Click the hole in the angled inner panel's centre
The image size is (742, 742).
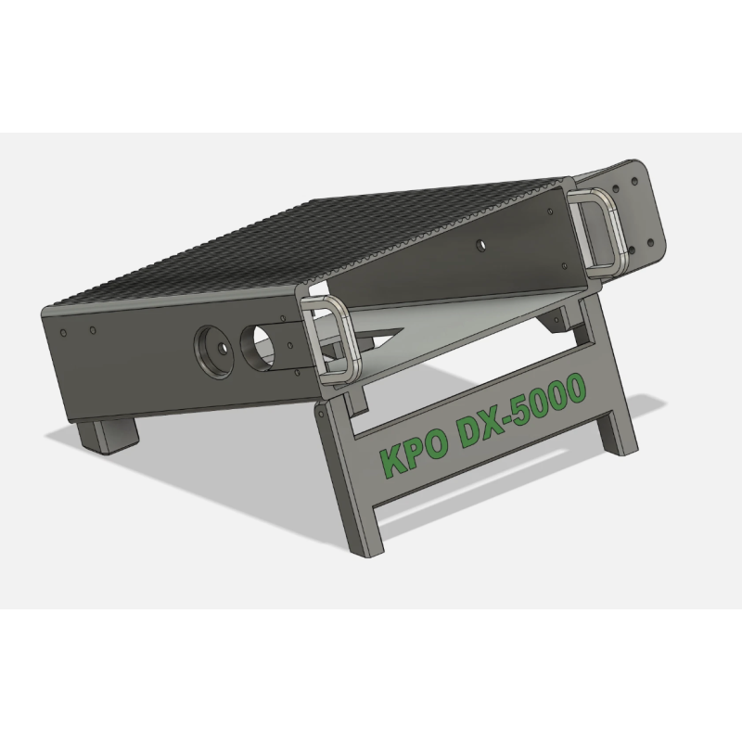[481, 245]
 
